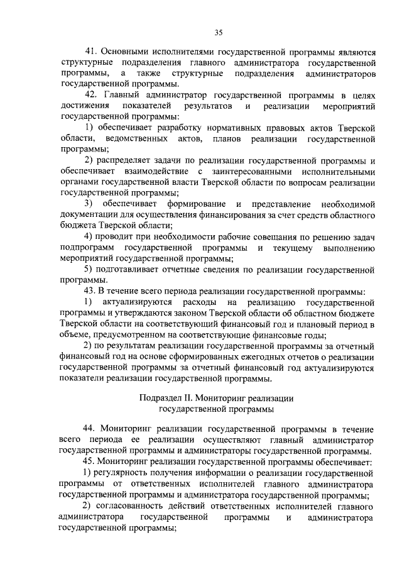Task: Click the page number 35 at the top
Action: [218, 33]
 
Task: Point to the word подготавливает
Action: [128, 269]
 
